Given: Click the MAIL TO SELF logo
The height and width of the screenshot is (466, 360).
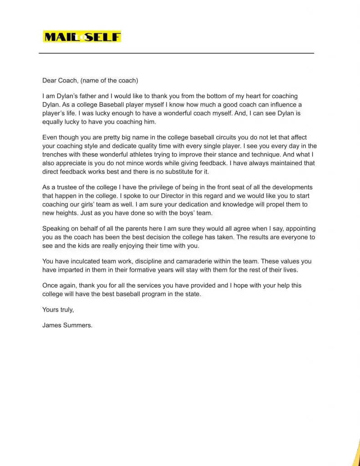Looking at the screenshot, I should point(82,36).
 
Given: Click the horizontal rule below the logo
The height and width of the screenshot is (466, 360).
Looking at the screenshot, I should point(176,53).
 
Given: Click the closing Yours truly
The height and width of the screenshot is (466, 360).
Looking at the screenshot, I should point(58,309).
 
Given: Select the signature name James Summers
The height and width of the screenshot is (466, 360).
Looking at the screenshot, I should point(67,325).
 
